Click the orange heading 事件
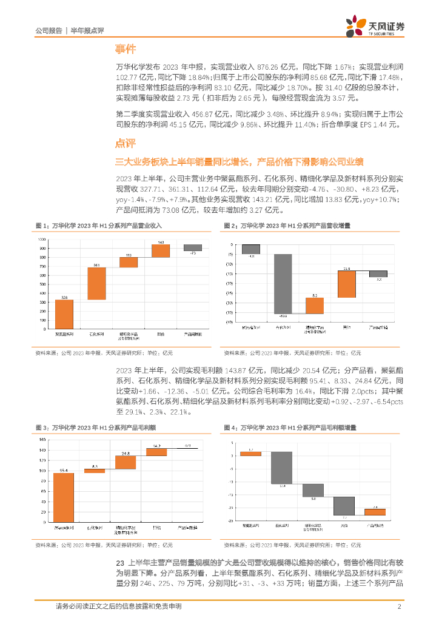tap(126, 49)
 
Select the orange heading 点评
tap(126, 143)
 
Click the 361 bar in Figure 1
tap(96, 283)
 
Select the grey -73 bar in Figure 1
tap(193, 247)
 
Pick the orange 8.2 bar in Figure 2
tap(314, 306)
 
